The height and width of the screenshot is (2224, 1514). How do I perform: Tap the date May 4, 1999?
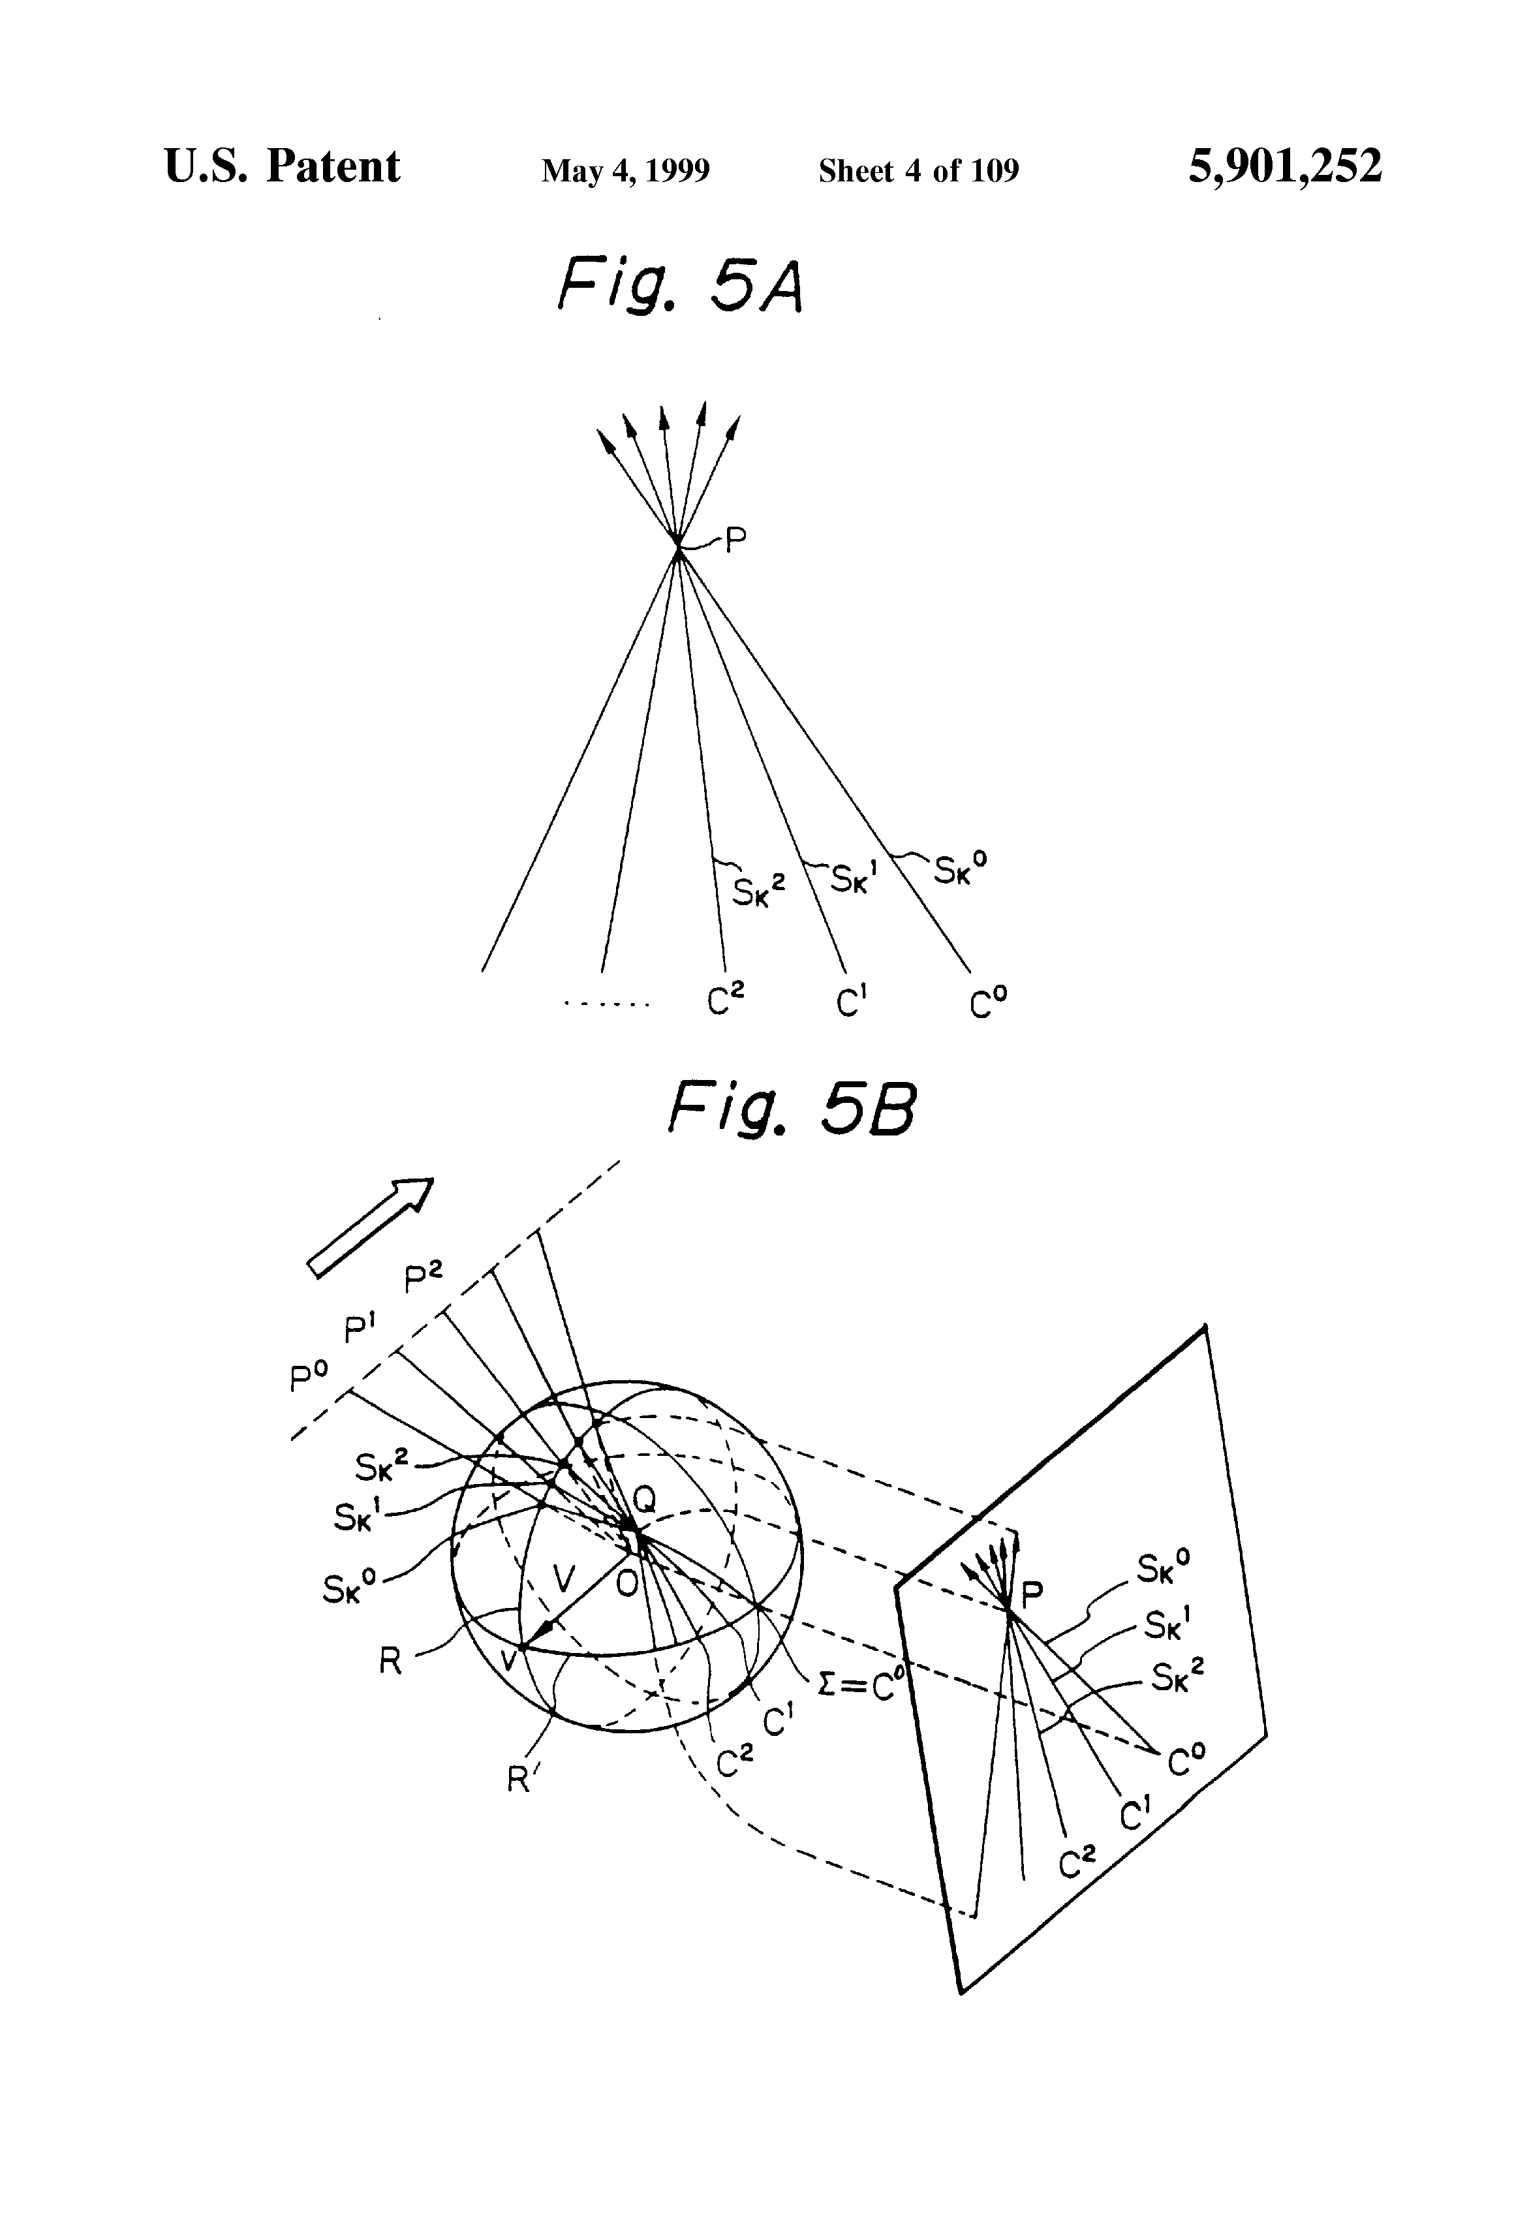pos(625,171)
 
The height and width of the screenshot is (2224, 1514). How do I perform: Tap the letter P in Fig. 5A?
pos(735,542)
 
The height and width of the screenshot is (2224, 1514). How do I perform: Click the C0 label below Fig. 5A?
pos(987,1002)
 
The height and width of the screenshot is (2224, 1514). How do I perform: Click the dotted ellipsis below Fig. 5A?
pos(607,1004)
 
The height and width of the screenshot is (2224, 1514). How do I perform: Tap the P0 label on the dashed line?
pos(308,1377)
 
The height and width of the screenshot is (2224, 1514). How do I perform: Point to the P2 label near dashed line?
pos(423,1278)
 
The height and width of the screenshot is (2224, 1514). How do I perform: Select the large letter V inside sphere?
pos(564,1577)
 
